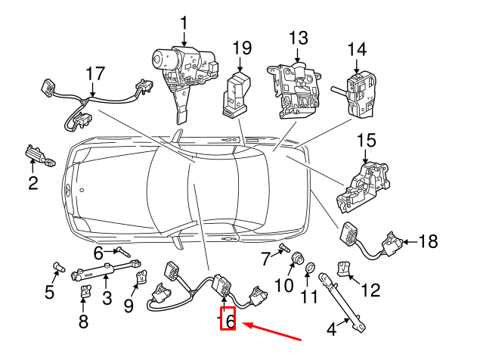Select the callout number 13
pos(299,37)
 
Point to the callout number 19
pos(241,49)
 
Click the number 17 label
pos(94,74)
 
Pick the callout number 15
pos(366,140)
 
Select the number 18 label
pos(428,242)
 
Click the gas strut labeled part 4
pos(344,303)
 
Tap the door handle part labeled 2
pos(39,155)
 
